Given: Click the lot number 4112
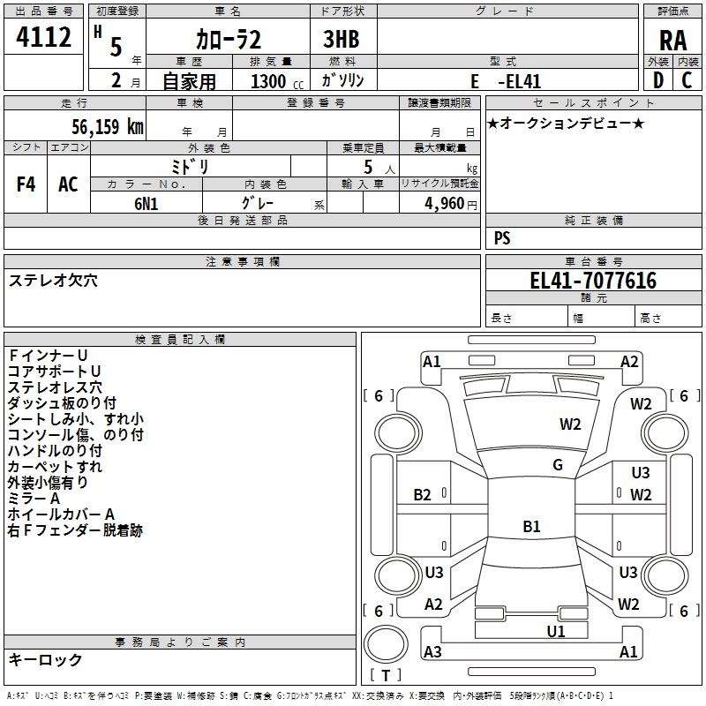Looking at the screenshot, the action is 43,37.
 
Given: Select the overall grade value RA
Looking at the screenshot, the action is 672,41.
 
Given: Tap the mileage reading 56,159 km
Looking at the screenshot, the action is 108,126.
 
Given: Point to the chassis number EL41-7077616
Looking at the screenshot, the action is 593,280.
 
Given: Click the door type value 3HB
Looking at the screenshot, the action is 342,39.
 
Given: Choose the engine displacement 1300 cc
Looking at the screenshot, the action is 277,81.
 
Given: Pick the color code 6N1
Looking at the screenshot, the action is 146,204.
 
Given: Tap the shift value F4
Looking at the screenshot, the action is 26,184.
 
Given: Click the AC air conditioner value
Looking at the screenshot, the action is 68,184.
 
